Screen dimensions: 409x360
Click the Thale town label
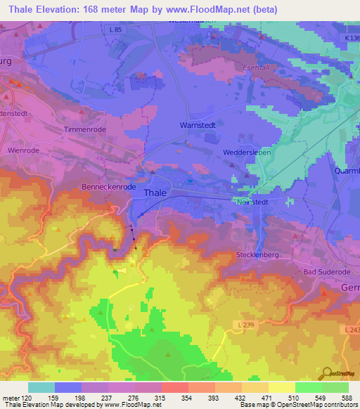(x=155, y=193)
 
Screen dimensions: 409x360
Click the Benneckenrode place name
(x=108, y=188)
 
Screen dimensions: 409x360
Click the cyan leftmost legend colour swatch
(x=41, y=387)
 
